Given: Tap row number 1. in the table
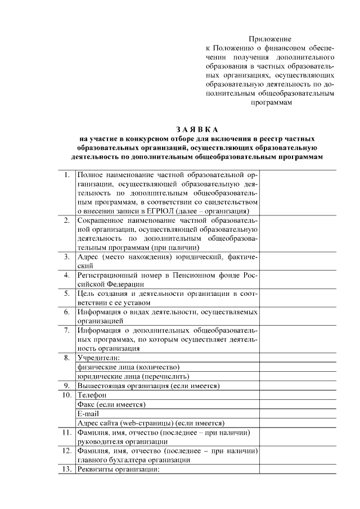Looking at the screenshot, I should pos(67,174).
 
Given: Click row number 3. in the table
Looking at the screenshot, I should pos(67,256).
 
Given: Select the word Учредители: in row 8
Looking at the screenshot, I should pos(99,358).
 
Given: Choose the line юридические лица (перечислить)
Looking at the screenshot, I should pos(133,376).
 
